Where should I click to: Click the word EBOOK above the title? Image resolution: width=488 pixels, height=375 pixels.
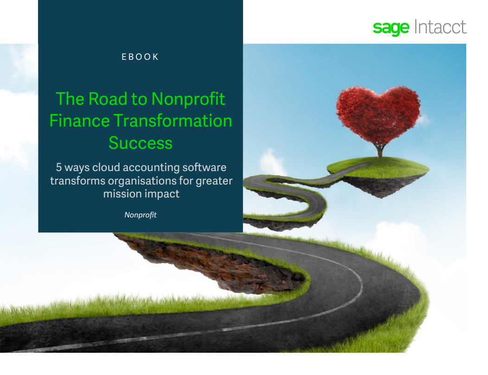click(x=140, y=57)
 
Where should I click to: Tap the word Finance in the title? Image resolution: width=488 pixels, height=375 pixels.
click(x=79, y=121)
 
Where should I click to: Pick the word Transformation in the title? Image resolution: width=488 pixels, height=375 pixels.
click(x=173, y=121)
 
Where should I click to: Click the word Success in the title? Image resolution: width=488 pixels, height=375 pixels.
click(x=141, y=143)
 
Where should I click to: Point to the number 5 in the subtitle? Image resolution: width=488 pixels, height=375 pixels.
click(x=59, y=167)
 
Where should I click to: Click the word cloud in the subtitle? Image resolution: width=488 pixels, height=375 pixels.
click(x=106, y=167)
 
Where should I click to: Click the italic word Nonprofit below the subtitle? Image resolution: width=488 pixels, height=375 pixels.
click(x=141, y=215)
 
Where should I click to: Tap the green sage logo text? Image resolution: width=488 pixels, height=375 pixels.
click(x=391, y=29)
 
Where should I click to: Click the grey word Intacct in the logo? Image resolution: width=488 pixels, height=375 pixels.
click(x=440, y=27)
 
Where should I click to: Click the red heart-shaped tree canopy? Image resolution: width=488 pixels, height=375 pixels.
click(x=378, y=114)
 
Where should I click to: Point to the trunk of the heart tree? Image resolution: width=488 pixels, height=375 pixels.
click(x=380, y=151)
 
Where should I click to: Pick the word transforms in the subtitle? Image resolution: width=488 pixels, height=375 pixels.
click(x=77, y=181)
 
